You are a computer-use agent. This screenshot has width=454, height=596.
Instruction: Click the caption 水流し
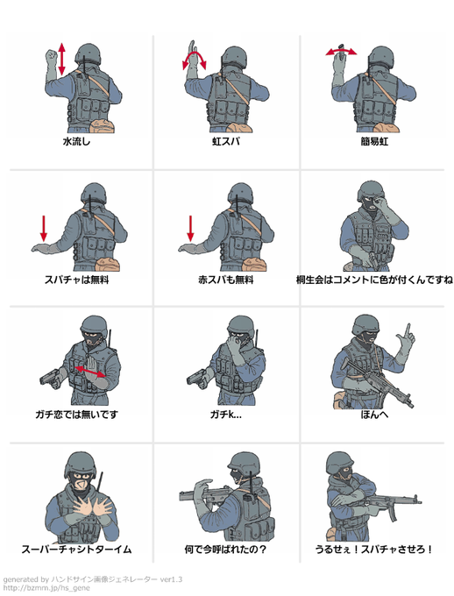tap(76, 142)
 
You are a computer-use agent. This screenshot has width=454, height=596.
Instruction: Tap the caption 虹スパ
tap(226, 142)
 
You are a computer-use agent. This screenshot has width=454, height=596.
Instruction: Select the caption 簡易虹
tap(374, 142)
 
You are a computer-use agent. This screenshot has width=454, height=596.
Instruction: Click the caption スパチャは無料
tap(76, 280)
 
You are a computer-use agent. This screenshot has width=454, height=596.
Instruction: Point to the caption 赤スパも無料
tap(226, 280)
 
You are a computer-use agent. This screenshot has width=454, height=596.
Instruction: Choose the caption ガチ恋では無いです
tap(76, 415)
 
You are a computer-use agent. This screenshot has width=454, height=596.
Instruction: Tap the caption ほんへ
tap(374, 415)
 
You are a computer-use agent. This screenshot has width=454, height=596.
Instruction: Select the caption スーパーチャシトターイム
tap(76, 550)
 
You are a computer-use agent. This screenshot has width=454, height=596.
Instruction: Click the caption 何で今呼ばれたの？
tap(225, 550)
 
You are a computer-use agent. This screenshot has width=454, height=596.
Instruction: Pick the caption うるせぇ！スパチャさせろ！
tap(373, 550)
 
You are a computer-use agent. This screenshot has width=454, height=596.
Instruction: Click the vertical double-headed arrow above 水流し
tap(61, 59)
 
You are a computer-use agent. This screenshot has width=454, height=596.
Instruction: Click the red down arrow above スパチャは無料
tap(44, 229)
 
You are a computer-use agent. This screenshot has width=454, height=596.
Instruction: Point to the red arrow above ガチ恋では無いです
tap(90, 372)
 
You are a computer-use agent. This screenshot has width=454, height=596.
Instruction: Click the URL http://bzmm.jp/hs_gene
tap(46, 588)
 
